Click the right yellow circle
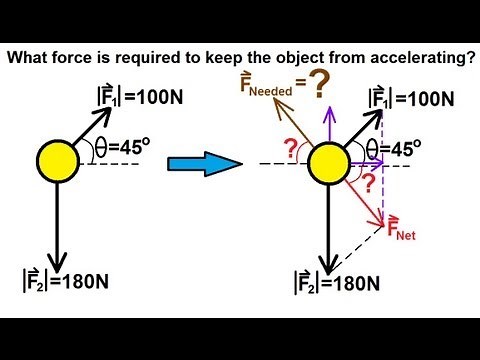pyautogui.click(x=328, y=161)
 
